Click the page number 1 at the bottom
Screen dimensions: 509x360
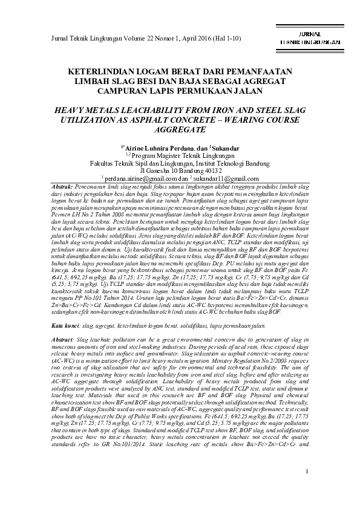coord(307,487)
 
